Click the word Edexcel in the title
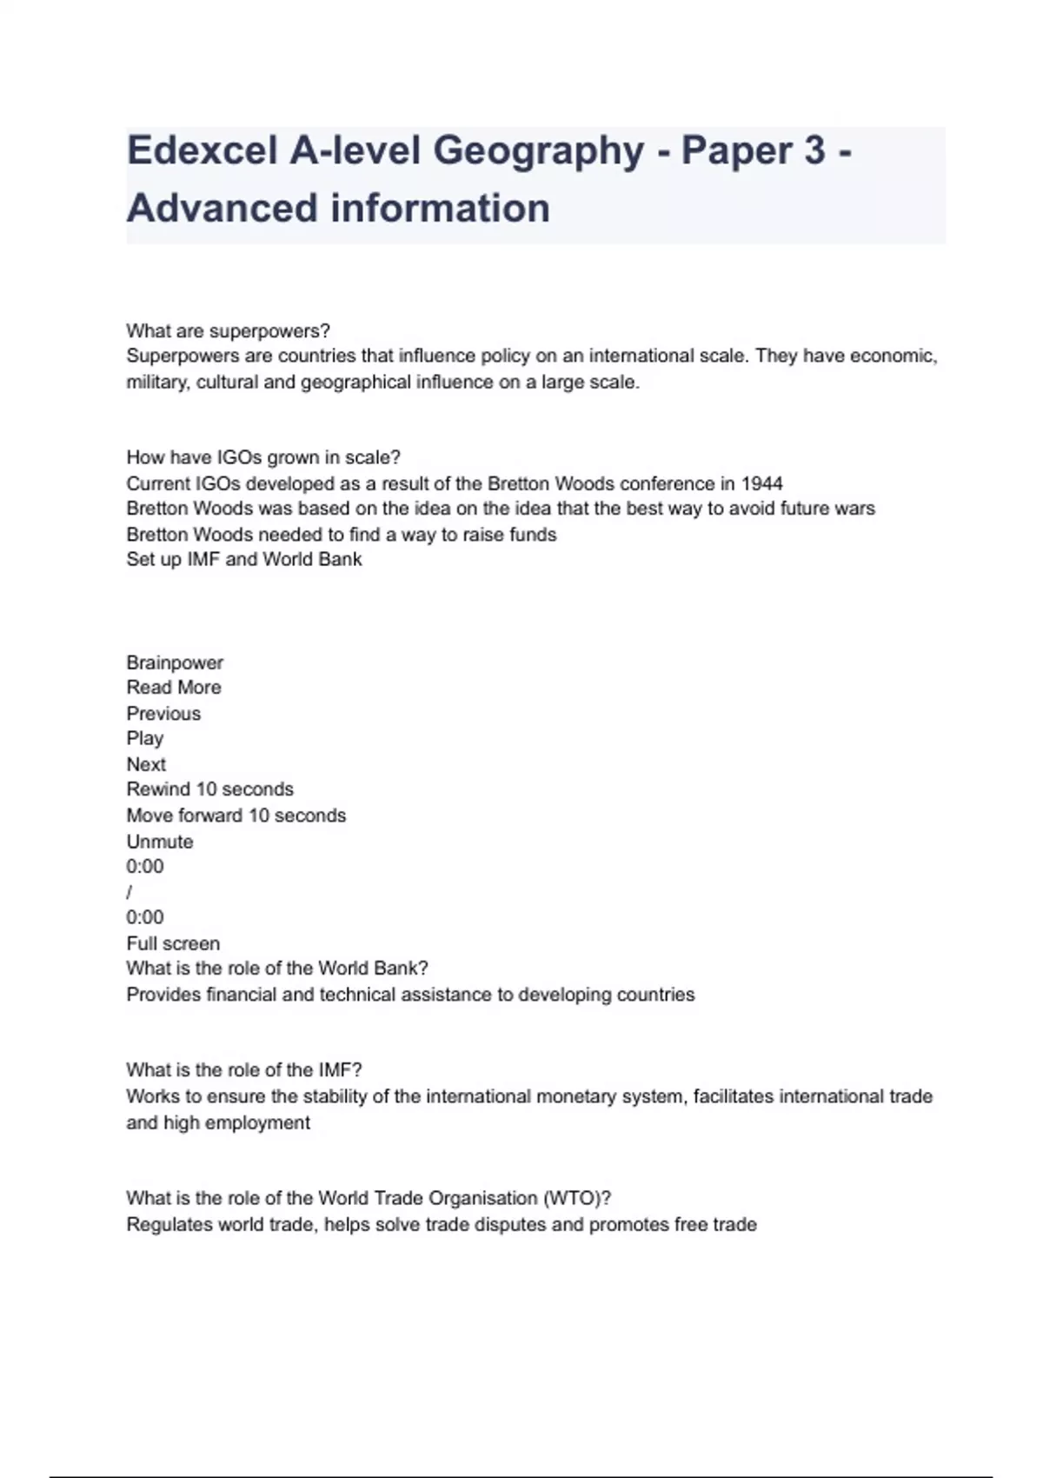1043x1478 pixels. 202,150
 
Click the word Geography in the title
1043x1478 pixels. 539,150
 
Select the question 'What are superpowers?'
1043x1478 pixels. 228,331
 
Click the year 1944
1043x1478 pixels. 761,483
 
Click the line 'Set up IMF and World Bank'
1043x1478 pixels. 244,560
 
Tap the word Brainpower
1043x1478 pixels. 175,662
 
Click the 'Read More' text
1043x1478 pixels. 174,688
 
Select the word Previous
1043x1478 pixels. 163,714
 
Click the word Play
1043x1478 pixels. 145,739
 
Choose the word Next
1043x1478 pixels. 146,765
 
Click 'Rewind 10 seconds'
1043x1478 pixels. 210,789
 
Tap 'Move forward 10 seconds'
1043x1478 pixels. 236,816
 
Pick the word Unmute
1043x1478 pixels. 160,842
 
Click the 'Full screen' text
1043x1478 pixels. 173,943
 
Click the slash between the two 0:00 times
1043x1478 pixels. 130,892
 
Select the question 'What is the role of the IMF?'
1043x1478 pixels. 244,1070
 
